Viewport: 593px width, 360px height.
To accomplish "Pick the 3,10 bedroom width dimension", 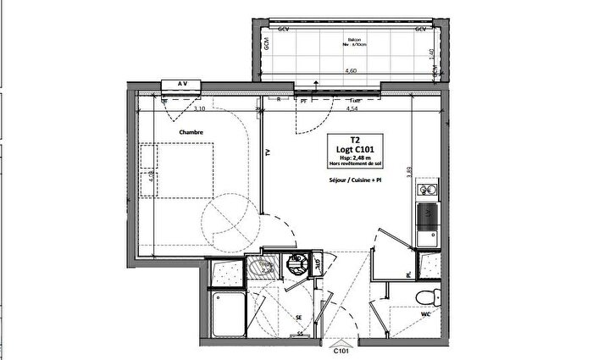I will pos(200,109).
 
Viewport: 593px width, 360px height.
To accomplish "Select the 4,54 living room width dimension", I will pos(349,109).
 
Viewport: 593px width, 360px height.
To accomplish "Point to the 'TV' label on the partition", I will pos(268,153).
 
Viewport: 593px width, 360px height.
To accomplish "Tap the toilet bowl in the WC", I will pos(429,296).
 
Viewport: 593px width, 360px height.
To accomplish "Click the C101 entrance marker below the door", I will pos(341,350).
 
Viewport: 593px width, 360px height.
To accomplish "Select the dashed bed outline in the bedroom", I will pos(178,169).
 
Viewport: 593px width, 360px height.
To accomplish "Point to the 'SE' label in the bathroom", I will pos(299,318).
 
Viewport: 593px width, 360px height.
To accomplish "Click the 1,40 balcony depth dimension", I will pos(431,53).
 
